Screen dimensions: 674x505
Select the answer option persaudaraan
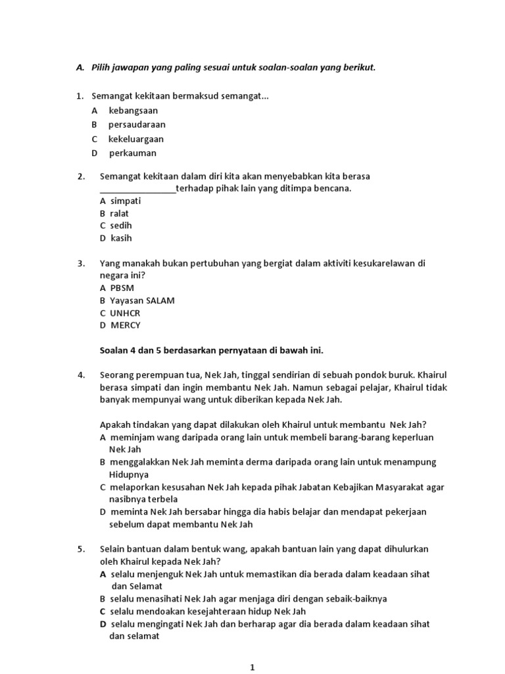point(137,124)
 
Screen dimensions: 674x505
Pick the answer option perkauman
point(133,153)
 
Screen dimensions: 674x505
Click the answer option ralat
point(120,213)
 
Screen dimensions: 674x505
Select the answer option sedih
point(121,226)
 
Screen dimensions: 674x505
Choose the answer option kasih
point(121,238)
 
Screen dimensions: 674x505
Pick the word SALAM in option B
point(161,300)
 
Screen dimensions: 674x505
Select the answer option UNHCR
point(125,313)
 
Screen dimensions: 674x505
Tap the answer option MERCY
point(125,325)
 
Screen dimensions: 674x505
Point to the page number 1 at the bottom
point(252,667)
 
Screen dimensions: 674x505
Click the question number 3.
point(81,263)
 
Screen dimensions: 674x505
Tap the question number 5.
point(81,549)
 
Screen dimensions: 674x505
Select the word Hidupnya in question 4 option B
point(129,474)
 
